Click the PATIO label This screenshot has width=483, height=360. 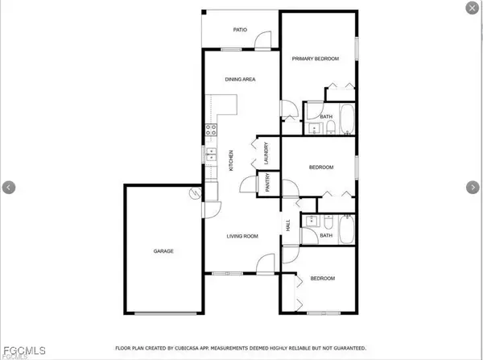click(x=239, y=31)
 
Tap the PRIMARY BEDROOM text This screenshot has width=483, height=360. click(x=315, y=59)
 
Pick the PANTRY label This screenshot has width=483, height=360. click(x=267, y=184)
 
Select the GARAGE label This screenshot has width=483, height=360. click(x=163, y=251)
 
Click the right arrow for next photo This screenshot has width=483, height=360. click(x=472, y=187)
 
